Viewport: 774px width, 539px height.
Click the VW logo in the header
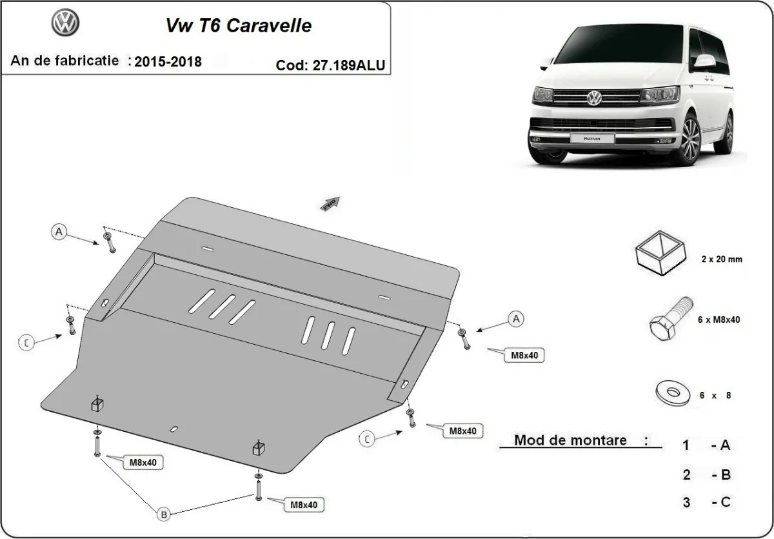65,25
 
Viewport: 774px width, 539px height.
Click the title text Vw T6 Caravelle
239,25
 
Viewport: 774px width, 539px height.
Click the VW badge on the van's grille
593,97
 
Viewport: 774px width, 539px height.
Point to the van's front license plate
591,138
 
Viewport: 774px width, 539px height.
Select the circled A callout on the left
59,232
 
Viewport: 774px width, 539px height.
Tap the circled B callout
164,514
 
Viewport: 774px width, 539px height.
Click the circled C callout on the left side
26,343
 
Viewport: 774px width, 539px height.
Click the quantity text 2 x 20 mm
721,259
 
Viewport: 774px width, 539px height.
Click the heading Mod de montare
570,441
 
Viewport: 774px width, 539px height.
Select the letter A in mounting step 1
725,445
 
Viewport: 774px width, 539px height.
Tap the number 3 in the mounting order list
687,502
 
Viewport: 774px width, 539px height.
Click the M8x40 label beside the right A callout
524,355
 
